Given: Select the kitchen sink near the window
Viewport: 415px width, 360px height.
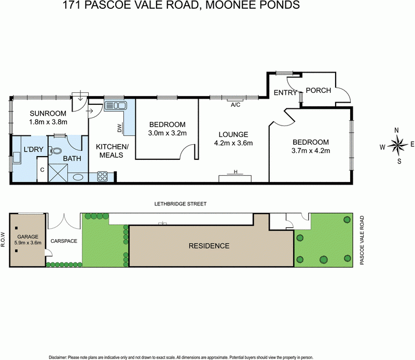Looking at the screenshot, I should pos(115,106).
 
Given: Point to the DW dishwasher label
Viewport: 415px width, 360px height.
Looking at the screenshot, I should pos(119,128).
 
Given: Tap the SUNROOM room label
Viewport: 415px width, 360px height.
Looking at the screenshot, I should pos(48,114).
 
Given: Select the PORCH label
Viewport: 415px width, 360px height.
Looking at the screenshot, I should pos(319,90).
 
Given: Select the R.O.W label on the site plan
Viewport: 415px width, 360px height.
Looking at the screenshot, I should pos(4,240).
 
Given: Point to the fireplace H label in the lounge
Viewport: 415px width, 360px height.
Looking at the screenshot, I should pos(236,172).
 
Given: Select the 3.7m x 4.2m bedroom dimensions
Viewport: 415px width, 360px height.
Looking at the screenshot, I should pos(311,151).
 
